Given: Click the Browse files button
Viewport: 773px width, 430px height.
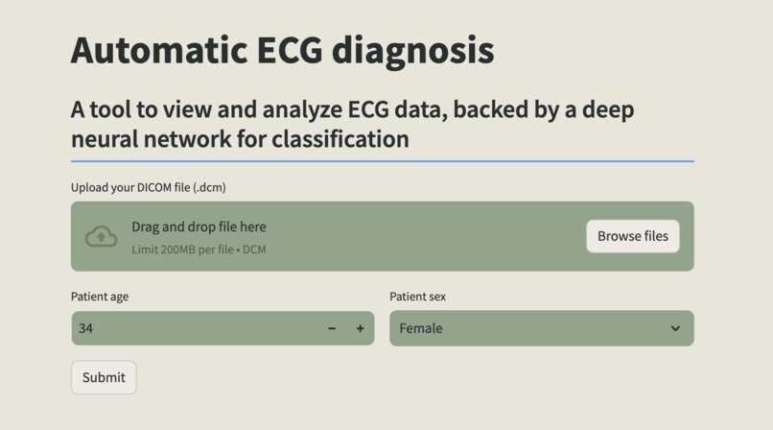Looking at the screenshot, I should pyautogui.click(x=632, y=236).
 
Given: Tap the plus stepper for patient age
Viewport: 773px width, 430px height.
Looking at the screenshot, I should pyautogui.click(x=361, y=328).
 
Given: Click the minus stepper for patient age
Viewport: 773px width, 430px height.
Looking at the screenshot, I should pyautogui.click(x=332, y=328).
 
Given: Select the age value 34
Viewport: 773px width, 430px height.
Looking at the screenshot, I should pyautogui.click(x=86, y=328).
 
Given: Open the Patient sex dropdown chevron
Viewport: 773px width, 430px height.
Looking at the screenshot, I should pyautogui.click(x=675, y=328).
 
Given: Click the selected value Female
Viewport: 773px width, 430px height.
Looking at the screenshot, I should pyautogui.click(x=421, y=328).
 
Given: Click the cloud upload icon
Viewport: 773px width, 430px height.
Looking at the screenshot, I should pyautogui.click(x=102, y=237).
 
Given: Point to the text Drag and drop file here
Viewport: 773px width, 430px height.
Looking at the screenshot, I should pyautogui.click(x=199, y=227).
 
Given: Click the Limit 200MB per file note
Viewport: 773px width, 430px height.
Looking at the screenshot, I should pyautogui.click(x=199, y=250).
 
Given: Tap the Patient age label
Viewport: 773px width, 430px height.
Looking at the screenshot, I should pyautogui.click(x=100, y=297).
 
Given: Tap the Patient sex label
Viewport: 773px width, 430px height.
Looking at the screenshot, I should pyautogui.click(x=417, y=297).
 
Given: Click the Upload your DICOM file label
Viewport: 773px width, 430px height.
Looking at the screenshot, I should pyautogui.click(x=148, y=187).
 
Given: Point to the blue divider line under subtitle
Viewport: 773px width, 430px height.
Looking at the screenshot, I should pyautogui.click(x=382, y=161).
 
